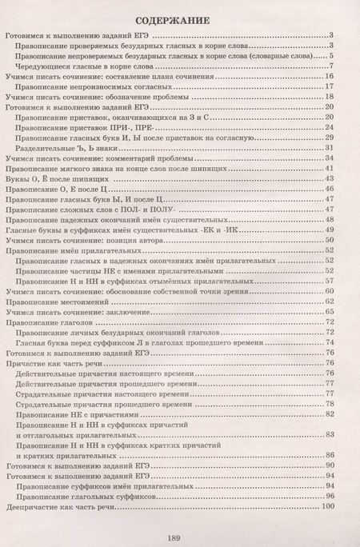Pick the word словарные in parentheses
pyautogui.click(x=274, y=56)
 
